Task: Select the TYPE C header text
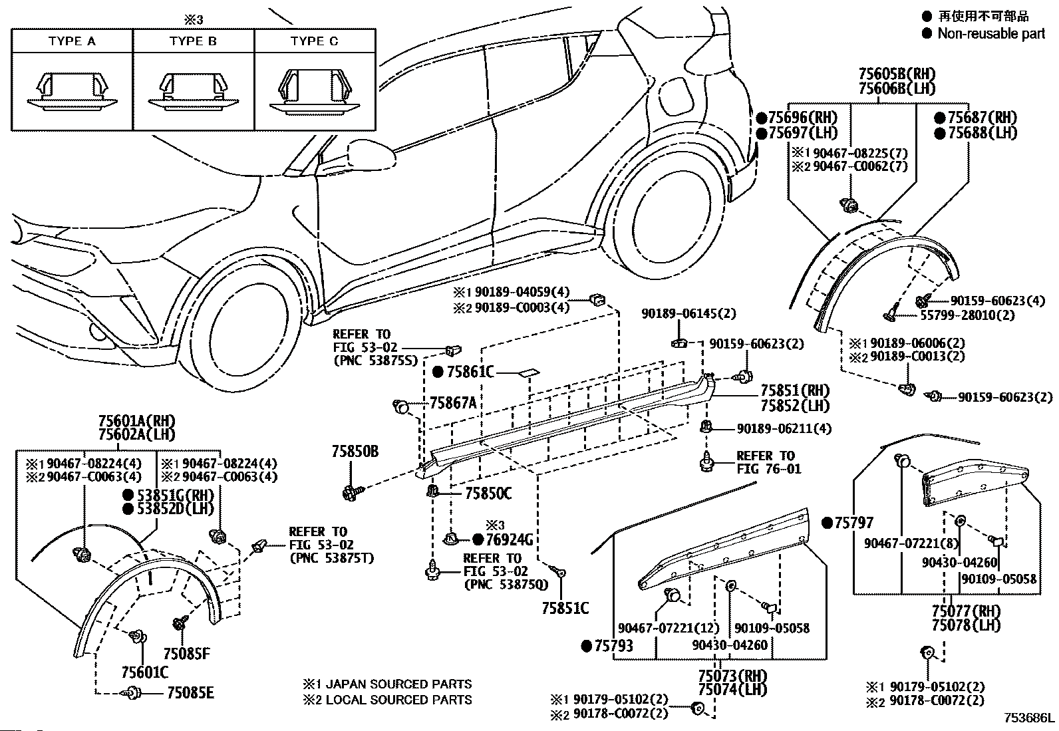315,41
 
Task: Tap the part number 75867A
453,403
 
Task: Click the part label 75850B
355,452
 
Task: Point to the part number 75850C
488,494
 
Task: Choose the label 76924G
510,539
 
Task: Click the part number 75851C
565,608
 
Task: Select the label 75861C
470,372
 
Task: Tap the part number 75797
854,523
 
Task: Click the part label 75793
613,646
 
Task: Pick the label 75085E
190,693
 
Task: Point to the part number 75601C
144,672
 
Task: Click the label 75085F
187,654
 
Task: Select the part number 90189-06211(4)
784,428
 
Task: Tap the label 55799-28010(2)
967,315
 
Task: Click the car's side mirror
371,154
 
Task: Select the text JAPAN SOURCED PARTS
398,684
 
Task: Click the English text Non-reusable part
991,33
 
